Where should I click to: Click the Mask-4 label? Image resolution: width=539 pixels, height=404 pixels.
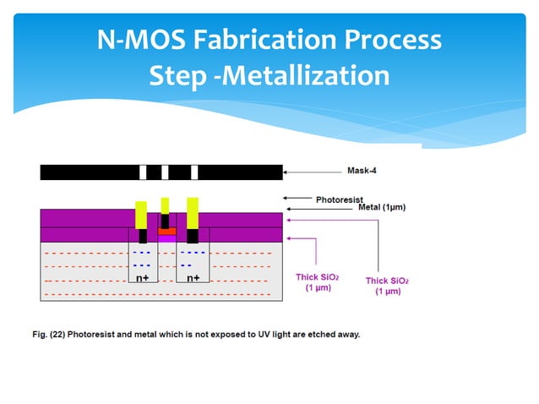(x=362, y=171)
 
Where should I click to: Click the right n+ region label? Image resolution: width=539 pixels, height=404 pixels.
(x=193, y=277)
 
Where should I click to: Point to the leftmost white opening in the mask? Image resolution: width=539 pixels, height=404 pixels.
(x=143, y=172)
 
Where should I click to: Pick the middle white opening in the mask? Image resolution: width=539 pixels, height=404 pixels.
(x=165, y=172)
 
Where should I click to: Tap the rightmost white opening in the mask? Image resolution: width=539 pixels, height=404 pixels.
(x=194, y=172)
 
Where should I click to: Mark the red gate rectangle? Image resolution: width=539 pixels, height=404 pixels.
(x=166, y=230)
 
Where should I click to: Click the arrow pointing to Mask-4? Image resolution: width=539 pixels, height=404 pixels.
(x=313, y=172)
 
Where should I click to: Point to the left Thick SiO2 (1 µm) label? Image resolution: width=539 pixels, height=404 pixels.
(x=317, y=282)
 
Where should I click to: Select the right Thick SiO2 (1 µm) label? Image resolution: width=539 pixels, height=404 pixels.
(x=388, y=286)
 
